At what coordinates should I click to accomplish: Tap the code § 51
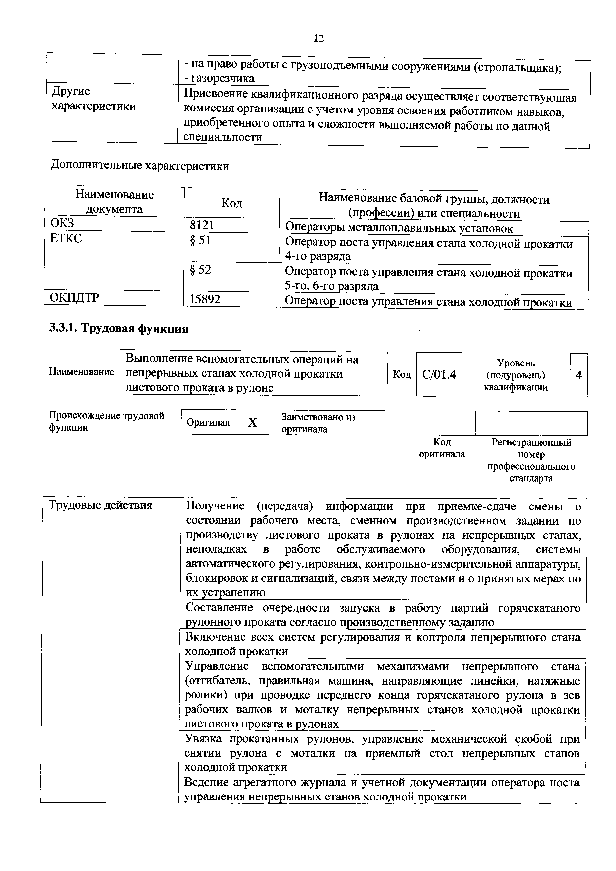click(x=200, y=241)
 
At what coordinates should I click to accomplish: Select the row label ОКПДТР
click(x=74, y=298)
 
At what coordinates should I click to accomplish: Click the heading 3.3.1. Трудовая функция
click(x=118, y=328)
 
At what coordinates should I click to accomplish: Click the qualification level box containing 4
click(x=578, y=375)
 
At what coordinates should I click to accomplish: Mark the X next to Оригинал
click(x=252, y=423)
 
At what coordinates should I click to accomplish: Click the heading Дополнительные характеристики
click(x=140, y=166)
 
